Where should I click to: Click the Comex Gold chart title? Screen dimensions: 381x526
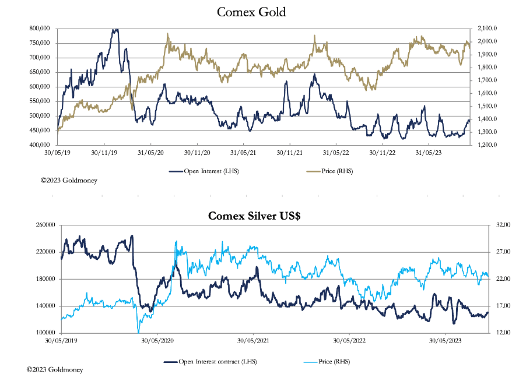251,12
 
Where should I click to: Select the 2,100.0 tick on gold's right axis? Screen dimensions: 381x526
486,28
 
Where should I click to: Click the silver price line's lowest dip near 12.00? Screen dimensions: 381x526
138,331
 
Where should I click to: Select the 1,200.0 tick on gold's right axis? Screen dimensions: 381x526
486,144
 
